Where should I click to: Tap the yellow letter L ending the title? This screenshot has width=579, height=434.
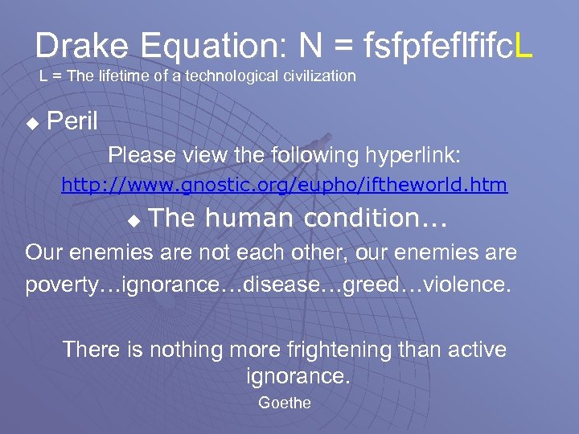(523, 46)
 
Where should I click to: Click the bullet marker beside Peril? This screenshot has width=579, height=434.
(32, 124)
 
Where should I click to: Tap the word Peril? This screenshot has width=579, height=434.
(72, 122)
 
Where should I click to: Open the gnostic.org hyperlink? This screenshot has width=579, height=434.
(285, 186)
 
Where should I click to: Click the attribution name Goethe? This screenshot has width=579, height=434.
(284, 403)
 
